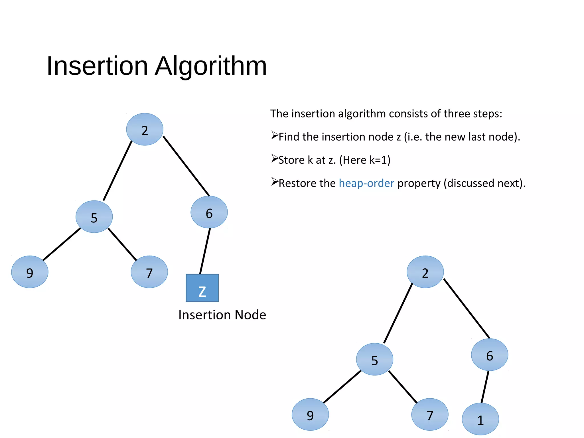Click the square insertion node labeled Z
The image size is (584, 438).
click(202, 288)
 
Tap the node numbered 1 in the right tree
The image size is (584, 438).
click(480, 419)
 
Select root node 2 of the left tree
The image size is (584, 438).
click(145, 129)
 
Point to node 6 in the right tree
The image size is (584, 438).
click(489, 355)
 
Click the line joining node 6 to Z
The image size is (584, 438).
click(205, 251)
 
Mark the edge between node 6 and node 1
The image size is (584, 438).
click(485, 387)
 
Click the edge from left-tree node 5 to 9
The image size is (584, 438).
click(62, 244)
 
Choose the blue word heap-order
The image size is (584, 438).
click(366, 183)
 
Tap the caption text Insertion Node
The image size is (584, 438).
click(222, 315)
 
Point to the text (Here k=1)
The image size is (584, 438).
click(365, 160)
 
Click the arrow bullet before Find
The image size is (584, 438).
click(274, 135)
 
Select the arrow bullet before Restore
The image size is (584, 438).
click(274, 182)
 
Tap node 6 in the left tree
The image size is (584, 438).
click(209, 212)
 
